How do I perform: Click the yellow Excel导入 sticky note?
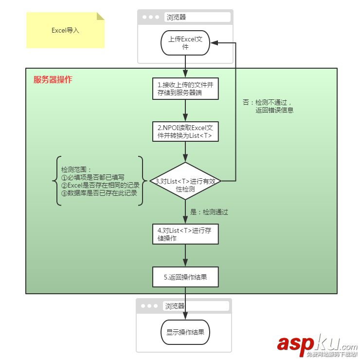[65, 30]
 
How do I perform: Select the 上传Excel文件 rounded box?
[185, 43]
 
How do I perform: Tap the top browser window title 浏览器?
[176, 17]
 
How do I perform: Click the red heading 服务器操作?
[53, 80]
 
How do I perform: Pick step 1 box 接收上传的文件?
[185, 88]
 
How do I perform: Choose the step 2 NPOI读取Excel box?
[185, 132]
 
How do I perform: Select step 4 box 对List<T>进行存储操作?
[185, 234]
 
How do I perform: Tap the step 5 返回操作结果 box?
[185, 277]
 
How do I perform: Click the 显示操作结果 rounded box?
[185, 333]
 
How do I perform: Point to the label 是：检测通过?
[209, 212]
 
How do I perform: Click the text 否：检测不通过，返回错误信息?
[268, 106]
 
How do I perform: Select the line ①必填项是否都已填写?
[93, 177]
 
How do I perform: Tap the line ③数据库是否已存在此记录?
[99, 193]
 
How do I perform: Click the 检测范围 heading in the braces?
[76, 170]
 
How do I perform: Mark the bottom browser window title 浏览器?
[175, 306]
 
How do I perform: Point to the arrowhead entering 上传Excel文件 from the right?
[214, 43]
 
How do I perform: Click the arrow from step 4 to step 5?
[185, 255]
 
